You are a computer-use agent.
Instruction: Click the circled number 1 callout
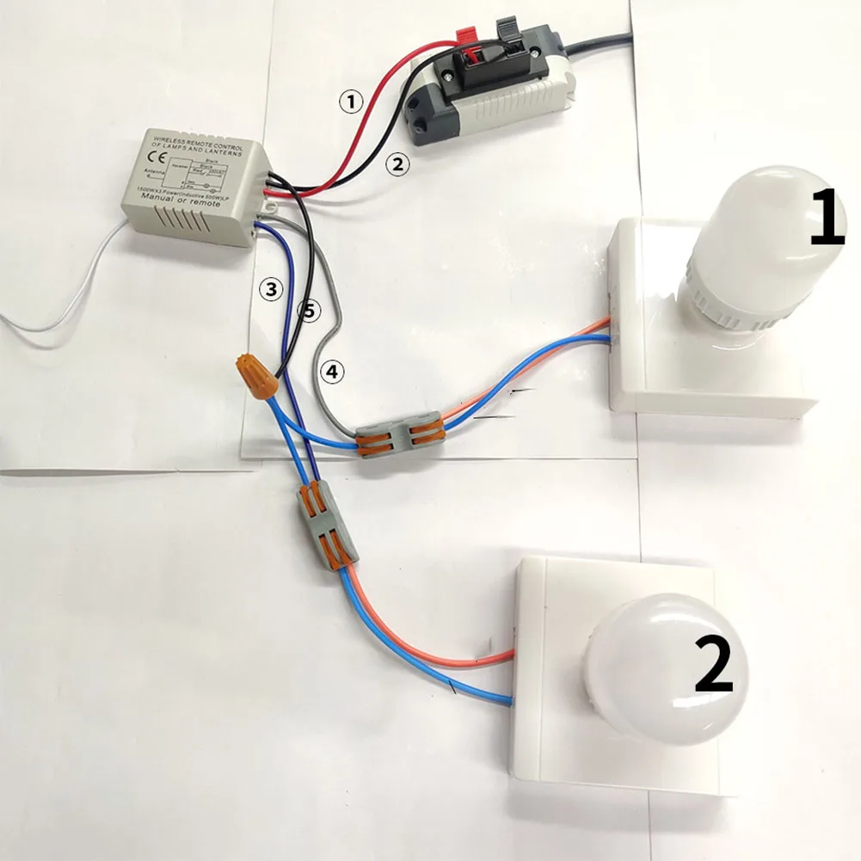coord(350,102)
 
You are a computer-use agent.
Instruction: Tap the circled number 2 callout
coord(395,163)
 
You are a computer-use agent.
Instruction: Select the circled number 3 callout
coord(271,290)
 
